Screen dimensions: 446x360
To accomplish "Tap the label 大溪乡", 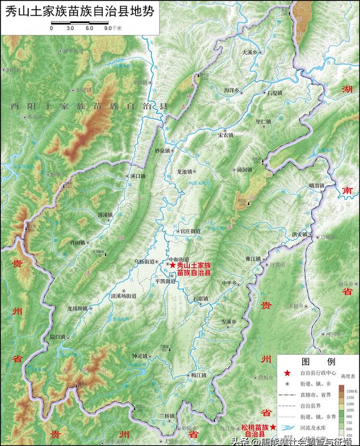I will tap(250, 52).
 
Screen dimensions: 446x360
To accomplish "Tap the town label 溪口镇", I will tap(137, 176).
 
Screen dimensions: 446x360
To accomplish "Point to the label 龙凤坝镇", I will tap(78, 309).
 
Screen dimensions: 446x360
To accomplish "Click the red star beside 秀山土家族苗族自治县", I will tap(173, 265).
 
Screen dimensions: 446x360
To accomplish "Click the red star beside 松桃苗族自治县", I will tap(273, 428).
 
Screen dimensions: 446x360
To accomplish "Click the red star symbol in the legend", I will tap(288, 373).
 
